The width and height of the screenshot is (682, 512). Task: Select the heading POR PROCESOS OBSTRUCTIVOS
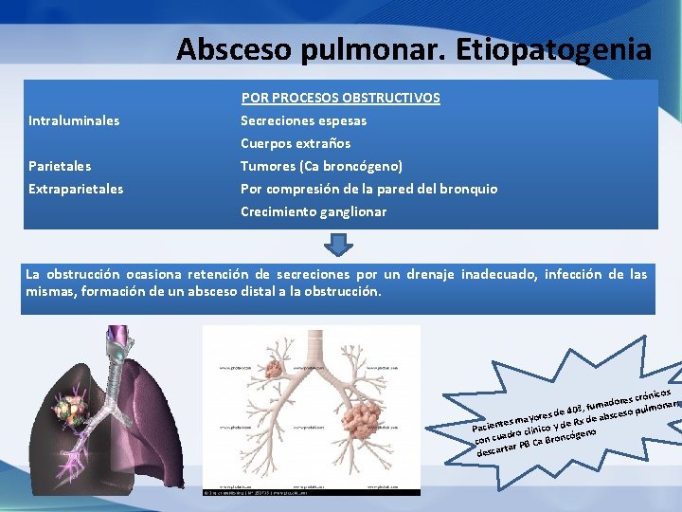pos(340,98)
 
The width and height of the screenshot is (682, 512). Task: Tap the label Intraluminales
pos(74,120)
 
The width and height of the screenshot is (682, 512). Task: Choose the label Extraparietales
pos(76,189)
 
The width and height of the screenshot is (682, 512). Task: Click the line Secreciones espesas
pos(303,120)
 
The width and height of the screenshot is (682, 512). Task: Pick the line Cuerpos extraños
pos(296,143)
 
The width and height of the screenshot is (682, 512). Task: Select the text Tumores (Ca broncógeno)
pos(321,166)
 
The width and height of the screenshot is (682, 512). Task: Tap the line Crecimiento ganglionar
pos(314,211)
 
